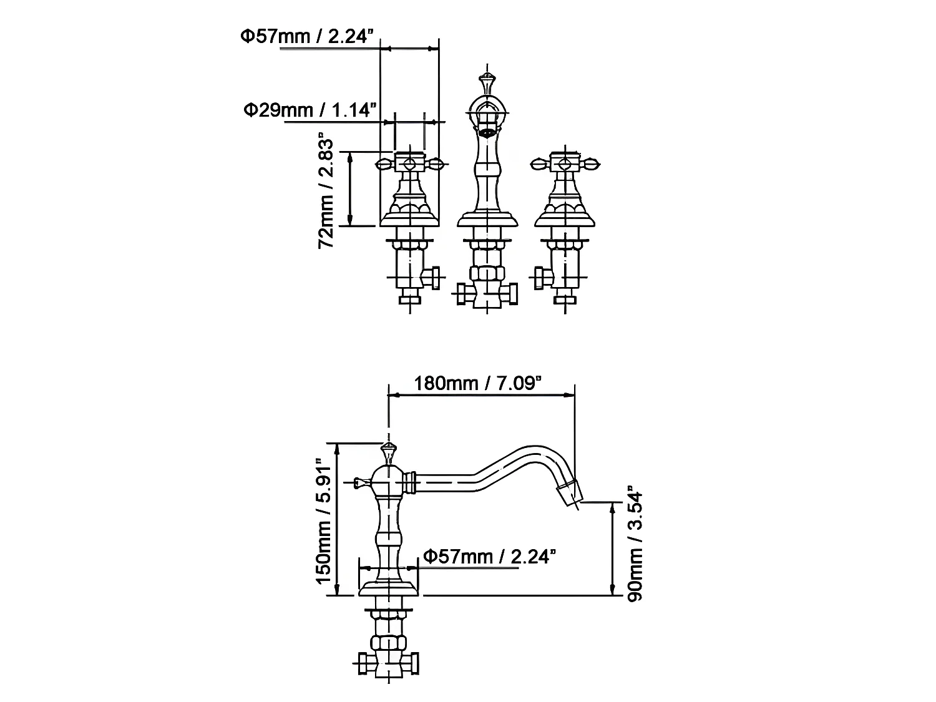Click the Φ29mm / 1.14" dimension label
coord(310,110)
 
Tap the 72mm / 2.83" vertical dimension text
coord(326,190)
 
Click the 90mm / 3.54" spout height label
coord(634,544)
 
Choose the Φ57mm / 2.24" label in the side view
coord(490,556)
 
